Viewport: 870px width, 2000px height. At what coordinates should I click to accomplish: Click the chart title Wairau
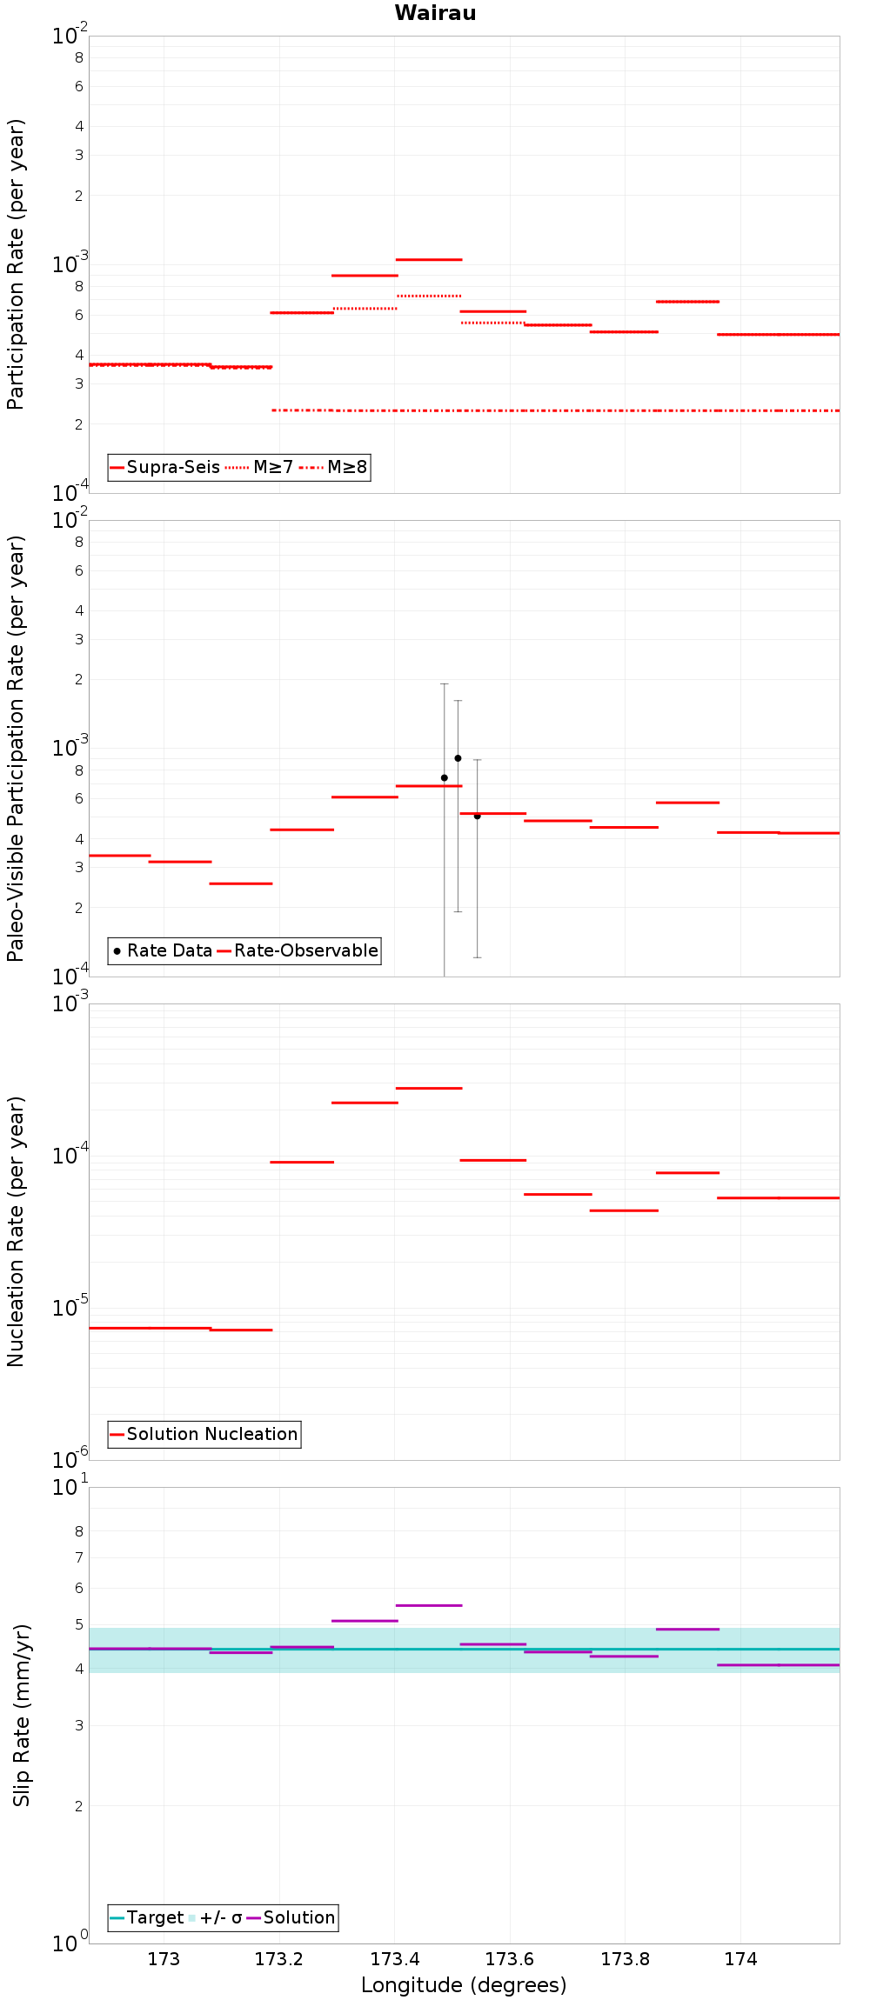pos(435,13)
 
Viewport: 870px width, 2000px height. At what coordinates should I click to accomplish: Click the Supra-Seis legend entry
pos(165,468)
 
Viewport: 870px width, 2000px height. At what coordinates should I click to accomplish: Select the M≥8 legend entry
pos(334,468)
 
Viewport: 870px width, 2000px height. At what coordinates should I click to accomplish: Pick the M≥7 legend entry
pos(260,468)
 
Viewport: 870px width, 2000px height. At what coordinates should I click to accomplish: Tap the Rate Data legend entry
pos(163,951)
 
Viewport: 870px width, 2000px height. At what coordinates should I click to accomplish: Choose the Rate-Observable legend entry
pos(298,951)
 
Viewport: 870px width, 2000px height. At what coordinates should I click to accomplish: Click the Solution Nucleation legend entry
pos(204,1435)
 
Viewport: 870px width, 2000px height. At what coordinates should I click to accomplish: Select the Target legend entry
pos(147,1918)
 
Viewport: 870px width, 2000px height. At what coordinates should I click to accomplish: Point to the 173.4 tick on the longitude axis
pos(395,1960)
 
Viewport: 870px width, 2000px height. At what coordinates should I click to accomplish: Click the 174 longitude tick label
pos(740,1960)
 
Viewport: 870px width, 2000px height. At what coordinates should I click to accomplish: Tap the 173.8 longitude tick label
pos(626,1960)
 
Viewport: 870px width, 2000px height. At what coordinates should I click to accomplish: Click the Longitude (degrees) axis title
pos(464,1986)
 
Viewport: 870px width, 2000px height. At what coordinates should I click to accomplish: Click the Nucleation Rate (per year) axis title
pos(17,1231)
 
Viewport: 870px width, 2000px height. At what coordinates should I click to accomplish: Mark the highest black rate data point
pos(458,758)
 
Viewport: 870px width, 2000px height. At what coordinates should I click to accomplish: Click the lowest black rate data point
pos(477,816)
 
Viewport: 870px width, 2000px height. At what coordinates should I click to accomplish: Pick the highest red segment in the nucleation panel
pos(429,1088)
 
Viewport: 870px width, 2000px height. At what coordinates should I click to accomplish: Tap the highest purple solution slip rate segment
pos(429,1605)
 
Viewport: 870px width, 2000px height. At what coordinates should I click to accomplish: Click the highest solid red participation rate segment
pos(429,259)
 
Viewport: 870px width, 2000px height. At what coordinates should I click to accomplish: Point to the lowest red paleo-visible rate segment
pos(241,883)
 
